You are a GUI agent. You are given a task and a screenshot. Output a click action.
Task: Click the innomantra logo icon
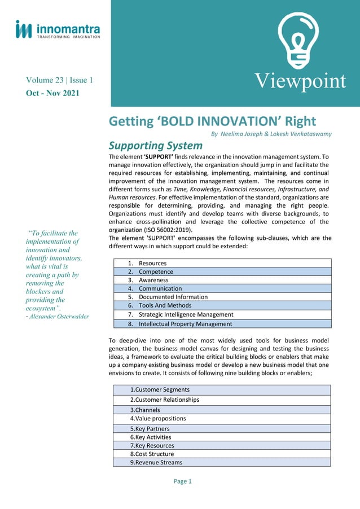tap(24, 29)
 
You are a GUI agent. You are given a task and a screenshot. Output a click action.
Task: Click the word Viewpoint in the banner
tap(299, 81)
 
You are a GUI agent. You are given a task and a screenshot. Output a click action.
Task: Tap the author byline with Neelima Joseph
tap(271, 134)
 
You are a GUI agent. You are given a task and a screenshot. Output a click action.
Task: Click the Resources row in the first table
tap(152, 263)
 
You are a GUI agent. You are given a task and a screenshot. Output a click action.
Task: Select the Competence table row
tap(156, 271)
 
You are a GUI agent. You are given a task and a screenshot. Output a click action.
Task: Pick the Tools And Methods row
tap(165, 305)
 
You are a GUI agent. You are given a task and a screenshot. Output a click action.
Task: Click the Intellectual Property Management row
tap(185, 324)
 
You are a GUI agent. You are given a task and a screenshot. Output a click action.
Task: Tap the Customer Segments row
tap(160, 389)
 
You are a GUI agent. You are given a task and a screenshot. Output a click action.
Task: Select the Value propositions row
tap(158, 419)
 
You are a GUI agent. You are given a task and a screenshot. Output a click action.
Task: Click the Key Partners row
tap(151, 428)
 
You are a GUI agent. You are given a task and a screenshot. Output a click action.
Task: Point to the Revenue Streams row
tap(156, 462)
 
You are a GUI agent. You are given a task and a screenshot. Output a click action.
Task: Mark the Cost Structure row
tap(152, 454)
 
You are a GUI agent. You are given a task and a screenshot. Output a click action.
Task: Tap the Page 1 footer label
tap(183, 481)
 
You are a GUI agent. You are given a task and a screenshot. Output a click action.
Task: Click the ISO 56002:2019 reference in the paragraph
tap(166, 230)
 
